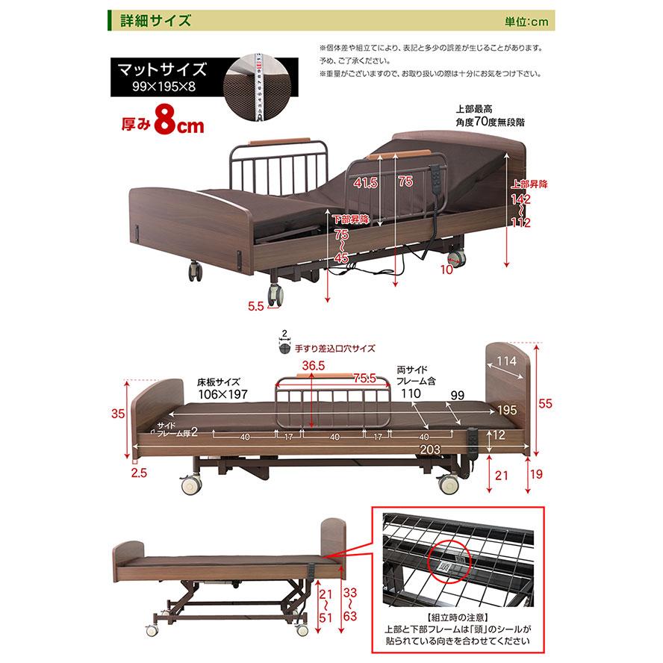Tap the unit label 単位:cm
[526, 22]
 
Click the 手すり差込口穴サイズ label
[334, 348]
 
